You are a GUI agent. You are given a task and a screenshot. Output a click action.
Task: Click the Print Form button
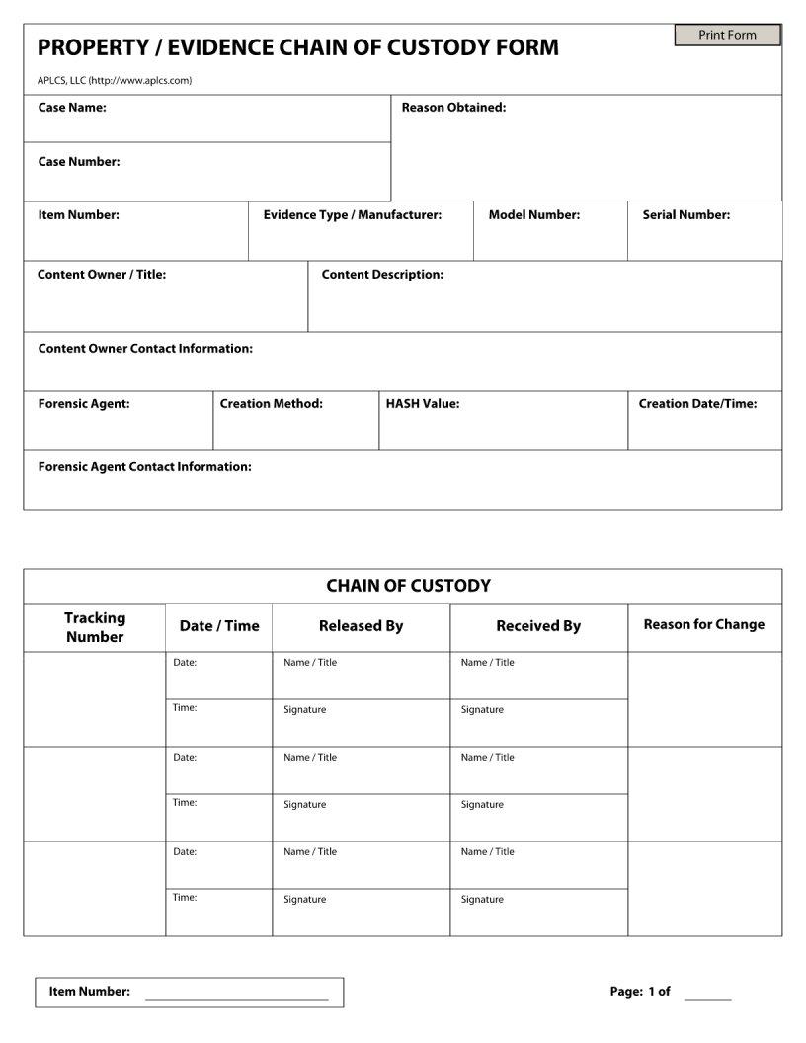click(727, 36)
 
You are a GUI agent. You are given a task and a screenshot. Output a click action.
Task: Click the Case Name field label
click(72, 108)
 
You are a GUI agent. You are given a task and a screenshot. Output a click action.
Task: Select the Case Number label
click(79, 162)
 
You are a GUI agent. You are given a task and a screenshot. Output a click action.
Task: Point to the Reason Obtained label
click(453, 108)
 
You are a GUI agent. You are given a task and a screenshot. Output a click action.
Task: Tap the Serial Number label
click(685, 215)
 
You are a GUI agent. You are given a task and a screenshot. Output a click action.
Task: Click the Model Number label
click(533, 215)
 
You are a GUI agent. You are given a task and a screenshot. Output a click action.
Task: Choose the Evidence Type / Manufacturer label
click(352, 215)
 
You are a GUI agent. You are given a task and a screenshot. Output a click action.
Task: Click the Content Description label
click(382, 275)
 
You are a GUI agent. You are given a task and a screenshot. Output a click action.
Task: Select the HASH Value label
click(422, 404)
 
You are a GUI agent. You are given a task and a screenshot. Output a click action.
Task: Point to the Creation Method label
click(271, 404)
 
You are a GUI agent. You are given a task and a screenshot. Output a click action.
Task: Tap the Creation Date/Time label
click(697, 404)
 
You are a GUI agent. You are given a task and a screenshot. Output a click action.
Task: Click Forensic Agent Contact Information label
click(144, 467)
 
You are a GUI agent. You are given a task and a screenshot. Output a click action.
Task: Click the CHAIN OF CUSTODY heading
click(408, 586)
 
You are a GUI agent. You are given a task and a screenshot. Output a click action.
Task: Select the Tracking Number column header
click(95, 627)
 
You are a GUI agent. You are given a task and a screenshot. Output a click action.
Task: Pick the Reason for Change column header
click(703, 625)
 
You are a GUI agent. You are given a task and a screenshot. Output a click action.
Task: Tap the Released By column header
click(361, 626)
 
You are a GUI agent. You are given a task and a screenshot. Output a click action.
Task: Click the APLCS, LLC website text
click(115, 81)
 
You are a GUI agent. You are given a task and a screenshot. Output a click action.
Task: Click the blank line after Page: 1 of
click(707, 999)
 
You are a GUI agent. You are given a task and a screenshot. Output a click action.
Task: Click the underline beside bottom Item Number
click(236, 999)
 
